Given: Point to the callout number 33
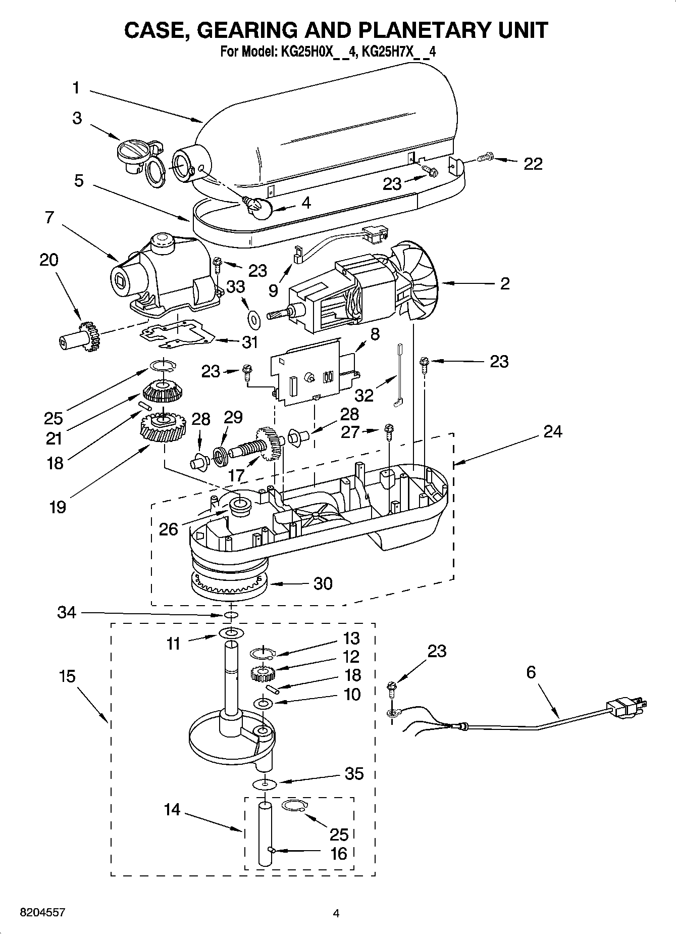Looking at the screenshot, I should click(x=235, y=286).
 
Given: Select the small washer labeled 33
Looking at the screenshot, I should click(x=253, y=318).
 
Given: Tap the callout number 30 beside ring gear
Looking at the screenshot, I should click(x=323, y=583).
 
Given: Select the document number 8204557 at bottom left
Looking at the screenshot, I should click(x=42, y=912).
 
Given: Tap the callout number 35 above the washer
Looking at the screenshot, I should click(x=354, y=773).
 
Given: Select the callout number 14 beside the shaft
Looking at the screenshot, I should click(x=172, y=810).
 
